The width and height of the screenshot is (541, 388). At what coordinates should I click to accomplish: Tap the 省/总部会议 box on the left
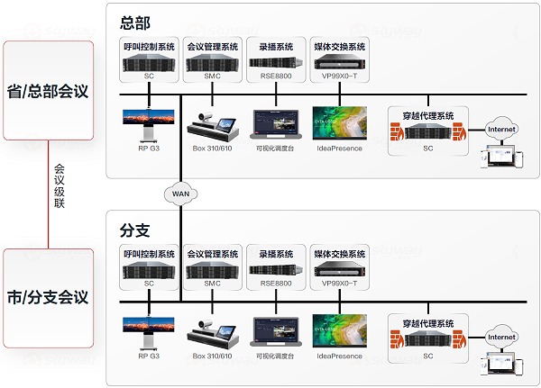(48, 90)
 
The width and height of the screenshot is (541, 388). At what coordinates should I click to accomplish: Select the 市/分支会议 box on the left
(48, 296)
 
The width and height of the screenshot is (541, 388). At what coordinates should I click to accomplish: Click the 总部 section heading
(135, 21)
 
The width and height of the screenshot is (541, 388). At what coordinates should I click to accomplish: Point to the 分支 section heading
(135, 229)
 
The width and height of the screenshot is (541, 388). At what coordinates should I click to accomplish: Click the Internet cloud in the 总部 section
(501, 131)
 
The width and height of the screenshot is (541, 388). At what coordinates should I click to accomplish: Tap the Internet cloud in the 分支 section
(501, 338)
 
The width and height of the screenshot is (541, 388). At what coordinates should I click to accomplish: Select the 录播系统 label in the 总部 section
(276, 46)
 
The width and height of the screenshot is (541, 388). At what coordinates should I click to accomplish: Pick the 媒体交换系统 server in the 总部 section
(338, 64)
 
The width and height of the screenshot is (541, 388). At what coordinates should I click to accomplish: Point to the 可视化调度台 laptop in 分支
(276, 331)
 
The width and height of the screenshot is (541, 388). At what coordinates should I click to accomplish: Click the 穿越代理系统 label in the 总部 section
(426, 114)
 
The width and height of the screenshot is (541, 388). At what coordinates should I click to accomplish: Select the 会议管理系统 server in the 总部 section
(212, 64)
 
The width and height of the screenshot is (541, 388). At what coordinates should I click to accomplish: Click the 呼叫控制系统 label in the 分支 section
(149, 254)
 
